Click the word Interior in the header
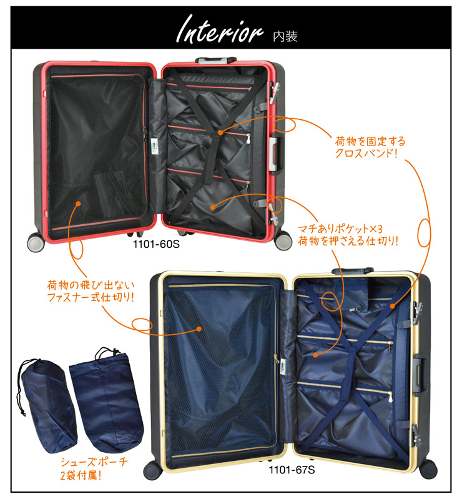coord(220,29)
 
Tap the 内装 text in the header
coord(285,37)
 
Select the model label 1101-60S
coord(156,244)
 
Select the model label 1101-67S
coord(292,470)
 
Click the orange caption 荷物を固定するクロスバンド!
coord(370,147)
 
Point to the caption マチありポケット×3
coord(340,229)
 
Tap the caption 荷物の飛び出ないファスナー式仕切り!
coord(91,291)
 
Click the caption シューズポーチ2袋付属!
coord(94,468)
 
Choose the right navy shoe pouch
coord(106,400)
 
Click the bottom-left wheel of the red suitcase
coord(36,242)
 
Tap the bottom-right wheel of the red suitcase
coord(283,240)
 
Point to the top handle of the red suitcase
coord(215,60)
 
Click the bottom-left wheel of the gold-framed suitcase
coord(153,470)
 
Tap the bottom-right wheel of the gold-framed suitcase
coord(428,468)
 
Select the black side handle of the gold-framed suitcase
coord(421,375)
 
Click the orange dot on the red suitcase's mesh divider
coord(78,204)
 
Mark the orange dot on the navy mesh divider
coord(199,329)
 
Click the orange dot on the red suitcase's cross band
coord(220,132)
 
